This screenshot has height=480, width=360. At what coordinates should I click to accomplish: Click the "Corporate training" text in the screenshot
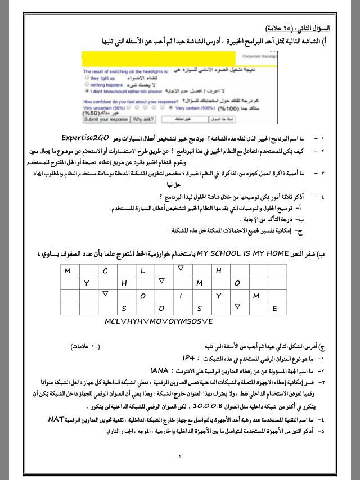[259, 56]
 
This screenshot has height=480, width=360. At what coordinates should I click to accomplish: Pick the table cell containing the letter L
[143, 270]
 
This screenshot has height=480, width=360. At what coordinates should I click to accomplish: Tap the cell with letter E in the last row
[275, 308]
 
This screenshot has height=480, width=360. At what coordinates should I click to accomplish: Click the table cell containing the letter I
[181, 296]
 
